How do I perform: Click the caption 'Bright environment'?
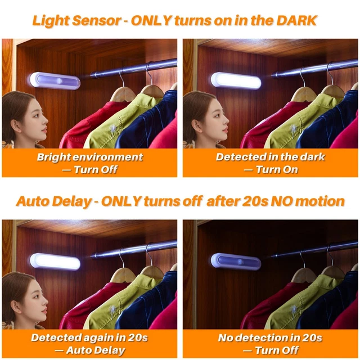[90, 157]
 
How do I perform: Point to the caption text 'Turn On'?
[277, 169]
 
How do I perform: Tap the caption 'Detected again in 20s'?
[90, 337]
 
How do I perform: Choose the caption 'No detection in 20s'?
[271, 337]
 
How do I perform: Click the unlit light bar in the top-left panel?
[55, 80]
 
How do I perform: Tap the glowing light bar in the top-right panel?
[236, 80]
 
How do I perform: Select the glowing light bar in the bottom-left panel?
[55, 261]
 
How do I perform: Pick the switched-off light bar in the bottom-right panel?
[236, 261]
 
